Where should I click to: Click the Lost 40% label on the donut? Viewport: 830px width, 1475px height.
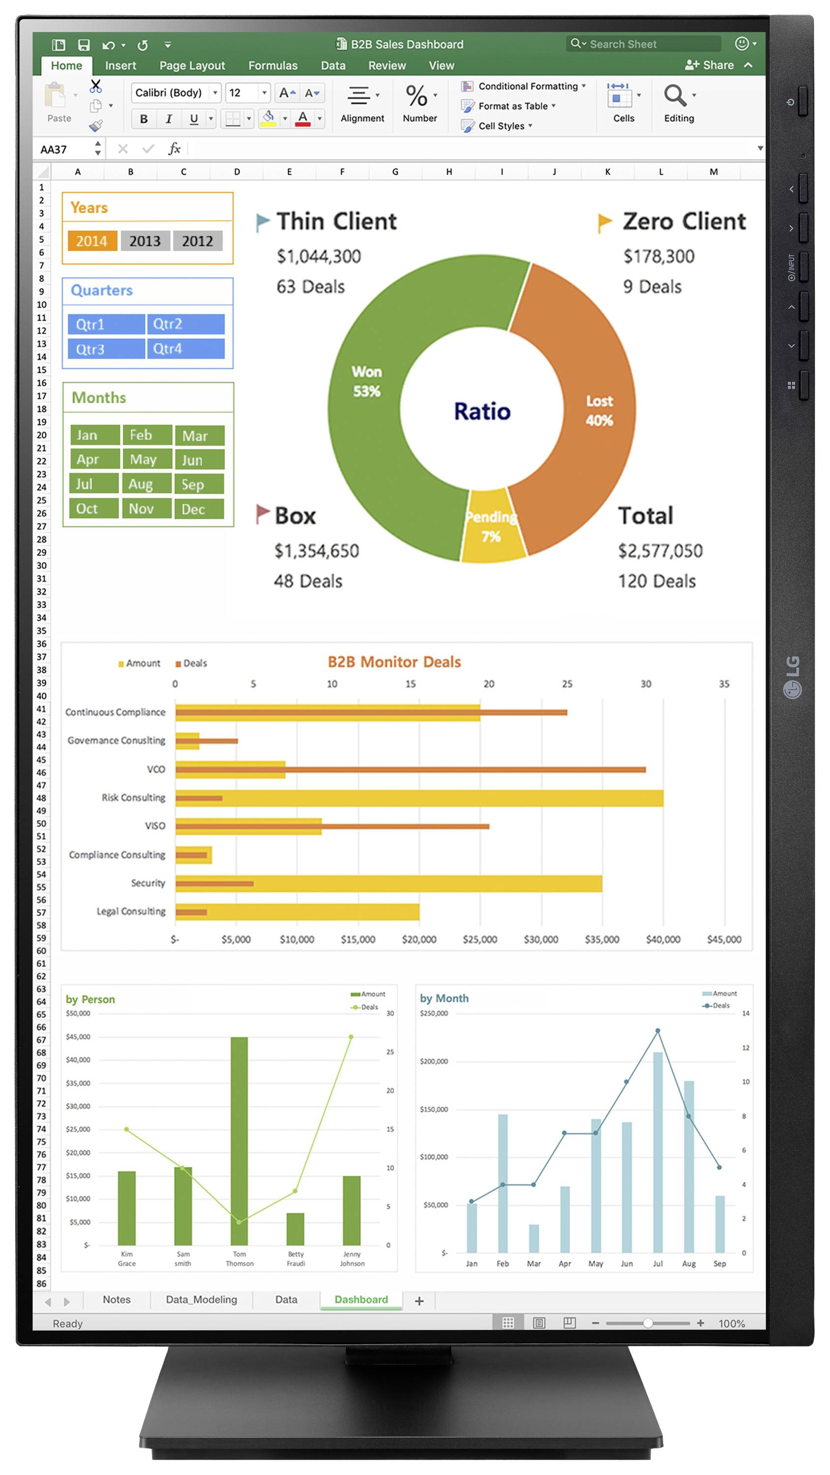coord(599,411)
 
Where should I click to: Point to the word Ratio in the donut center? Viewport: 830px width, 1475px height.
coord(482,411)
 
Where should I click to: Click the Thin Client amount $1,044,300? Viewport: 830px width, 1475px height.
coord(318,256)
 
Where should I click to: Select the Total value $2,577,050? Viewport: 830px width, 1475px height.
coord(660,550)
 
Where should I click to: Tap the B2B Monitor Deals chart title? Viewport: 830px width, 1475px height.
coord(394,662)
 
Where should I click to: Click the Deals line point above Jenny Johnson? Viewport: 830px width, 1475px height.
coord(351,1037)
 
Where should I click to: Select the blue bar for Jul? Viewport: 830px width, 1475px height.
coord(658,1151)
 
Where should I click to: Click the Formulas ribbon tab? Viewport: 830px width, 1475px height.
coord(273,66)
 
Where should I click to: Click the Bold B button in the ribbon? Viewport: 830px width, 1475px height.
coord(144,118)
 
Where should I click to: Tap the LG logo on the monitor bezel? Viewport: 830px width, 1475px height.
coord(792,677)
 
